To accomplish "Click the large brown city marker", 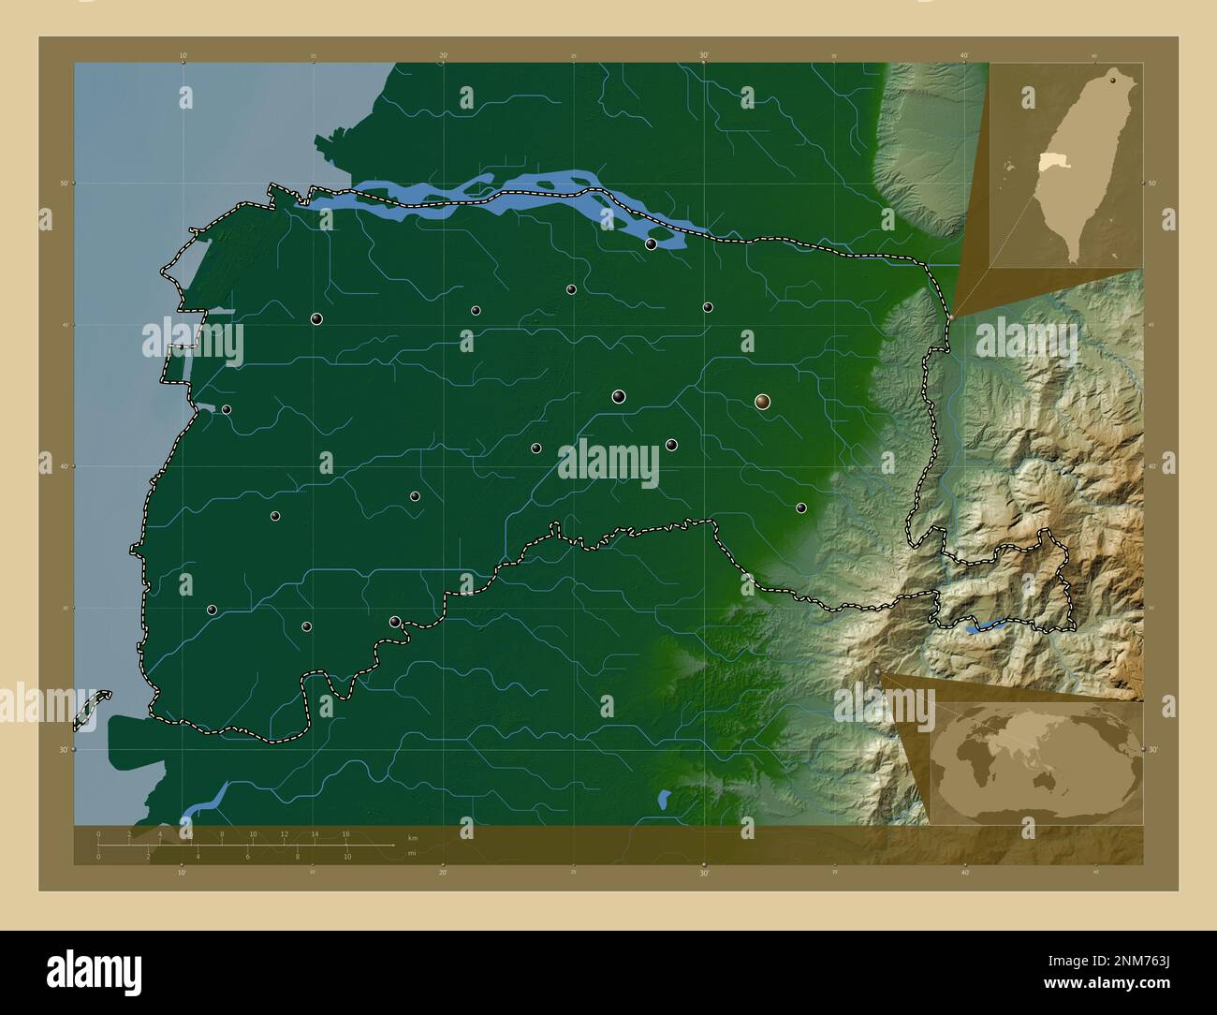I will [x=763, y=402].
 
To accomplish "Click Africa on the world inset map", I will [x=974, y=758].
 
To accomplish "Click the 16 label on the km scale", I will [x=345, y=833].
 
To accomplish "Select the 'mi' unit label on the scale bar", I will [x=411, y=853].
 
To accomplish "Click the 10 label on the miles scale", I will [x=346, y=857].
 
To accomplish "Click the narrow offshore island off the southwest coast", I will [x=92, y=709].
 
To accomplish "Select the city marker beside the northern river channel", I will [x=651, y=244].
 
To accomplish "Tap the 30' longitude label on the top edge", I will [x=703, y=56].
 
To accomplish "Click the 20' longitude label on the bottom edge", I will [x=443, y=874].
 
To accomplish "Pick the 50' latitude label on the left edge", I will [x=62, y=184].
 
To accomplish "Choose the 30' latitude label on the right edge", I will [x=1152, y=749].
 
